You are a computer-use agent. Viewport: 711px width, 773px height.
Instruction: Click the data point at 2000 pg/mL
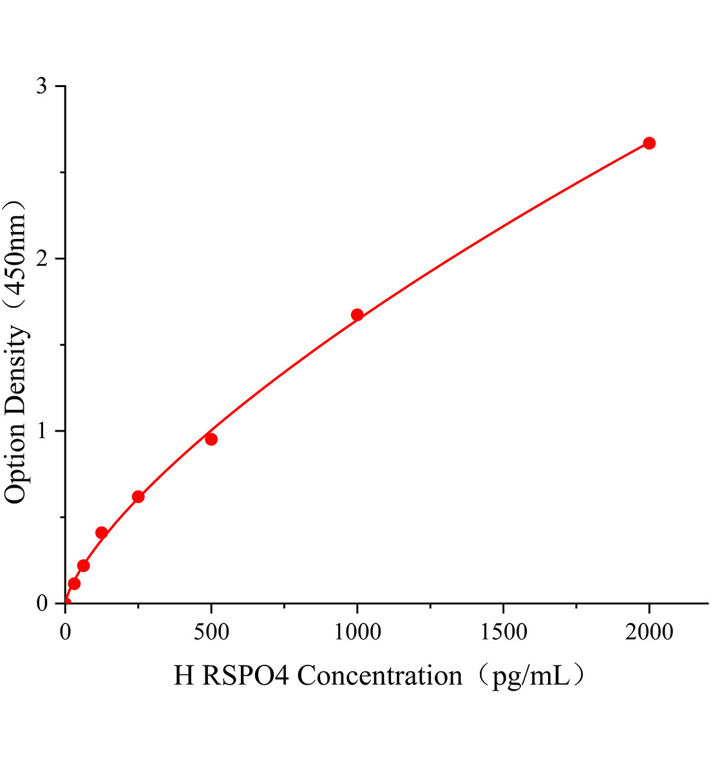tap(649, 143)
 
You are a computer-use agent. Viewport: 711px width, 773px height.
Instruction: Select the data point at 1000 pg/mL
tap(357, 315)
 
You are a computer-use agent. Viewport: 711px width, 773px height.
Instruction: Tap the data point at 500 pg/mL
tap(211, 439)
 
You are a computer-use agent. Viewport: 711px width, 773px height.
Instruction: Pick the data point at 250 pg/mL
tap(138, 497)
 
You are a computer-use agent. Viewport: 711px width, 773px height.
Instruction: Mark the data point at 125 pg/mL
tap(102, 533)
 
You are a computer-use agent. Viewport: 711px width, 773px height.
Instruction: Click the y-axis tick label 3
tap(43, 86)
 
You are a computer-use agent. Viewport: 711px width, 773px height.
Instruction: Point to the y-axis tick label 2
tap(43, 258)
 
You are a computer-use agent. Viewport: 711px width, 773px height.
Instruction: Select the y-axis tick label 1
tap(43, 430)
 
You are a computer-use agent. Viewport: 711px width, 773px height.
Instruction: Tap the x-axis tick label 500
tap(211, 632)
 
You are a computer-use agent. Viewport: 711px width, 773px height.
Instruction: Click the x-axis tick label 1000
tap(357, 632)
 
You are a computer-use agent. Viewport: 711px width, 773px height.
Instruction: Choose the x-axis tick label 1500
tap(503, 632)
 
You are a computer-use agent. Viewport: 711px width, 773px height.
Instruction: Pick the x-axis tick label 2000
tap(649, 632)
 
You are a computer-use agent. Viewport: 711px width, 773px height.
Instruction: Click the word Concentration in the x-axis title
tap(380, 676)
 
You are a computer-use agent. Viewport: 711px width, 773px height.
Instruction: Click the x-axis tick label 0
tap(65, 632)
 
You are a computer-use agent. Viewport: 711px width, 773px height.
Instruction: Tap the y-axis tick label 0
tap(43, 603)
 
